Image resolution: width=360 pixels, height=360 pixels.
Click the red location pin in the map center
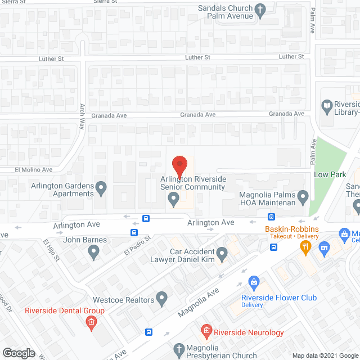pos(179,166)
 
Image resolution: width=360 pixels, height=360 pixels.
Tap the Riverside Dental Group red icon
pos(90,322)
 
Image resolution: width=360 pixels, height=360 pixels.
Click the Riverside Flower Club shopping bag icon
pos(254,281)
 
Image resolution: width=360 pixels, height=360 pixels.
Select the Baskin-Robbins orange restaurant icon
pos(305,245)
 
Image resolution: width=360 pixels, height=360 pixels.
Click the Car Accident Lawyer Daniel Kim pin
pos(222,256)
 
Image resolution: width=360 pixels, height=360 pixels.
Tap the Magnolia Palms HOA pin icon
pos(303,197)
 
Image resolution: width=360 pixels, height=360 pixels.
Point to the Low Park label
pos(330,174)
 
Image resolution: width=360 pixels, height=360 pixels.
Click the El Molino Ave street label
pos(33,169)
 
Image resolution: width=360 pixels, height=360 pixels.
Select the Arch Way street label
pos(82,116)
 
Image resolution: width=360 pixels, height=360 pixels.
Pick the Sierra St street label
pos(13,2)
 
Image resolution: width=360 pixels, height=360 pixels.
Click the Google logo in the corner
pos(18,353)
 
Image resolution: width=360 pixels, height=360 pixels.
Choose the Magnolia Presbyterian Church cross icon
pos(179,349)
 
